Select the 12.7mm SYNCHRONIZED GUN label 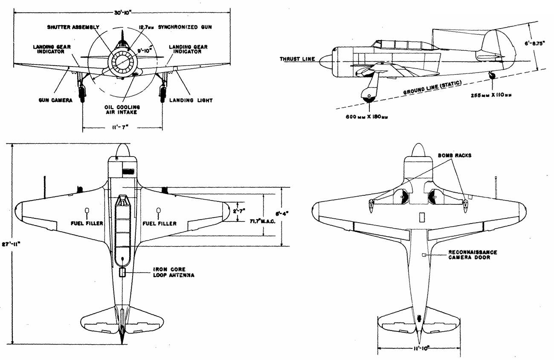pos(175,27)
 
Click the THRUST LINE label pos(297,59)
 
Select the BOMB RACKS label pos(455,156)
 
